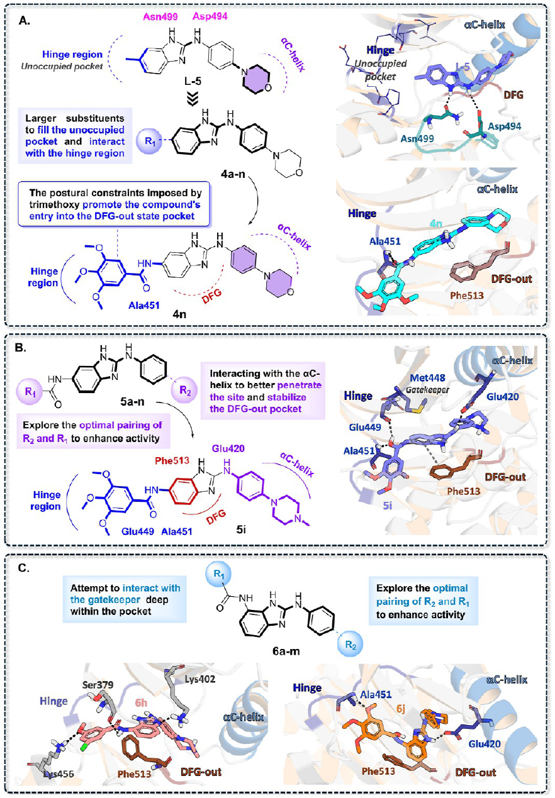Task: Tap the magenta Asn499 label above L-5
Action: click(160, 17)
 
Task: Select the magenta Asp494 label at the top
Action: click(210, 16)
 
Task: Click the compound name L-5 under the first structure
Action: click(193, 82)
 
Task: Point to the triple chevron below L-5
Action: click(193, 99)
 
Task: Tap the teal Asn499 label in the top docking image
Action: click(417, 138)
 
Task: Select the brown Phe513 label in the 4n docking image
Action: click(467, 296)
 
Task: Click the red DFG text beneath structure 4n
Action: click(211, 296)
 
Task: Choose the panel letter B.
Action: click(21, 348)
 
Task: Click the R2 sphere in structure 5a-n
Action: click(184, 391)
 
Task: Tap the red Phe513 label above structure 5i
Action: click(172, 461)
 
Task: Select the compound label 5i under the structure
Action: click(242, 529)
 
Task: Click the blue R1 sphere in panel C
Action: click(218, 574)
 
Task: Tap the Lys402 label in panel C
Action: click(200, 679)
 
